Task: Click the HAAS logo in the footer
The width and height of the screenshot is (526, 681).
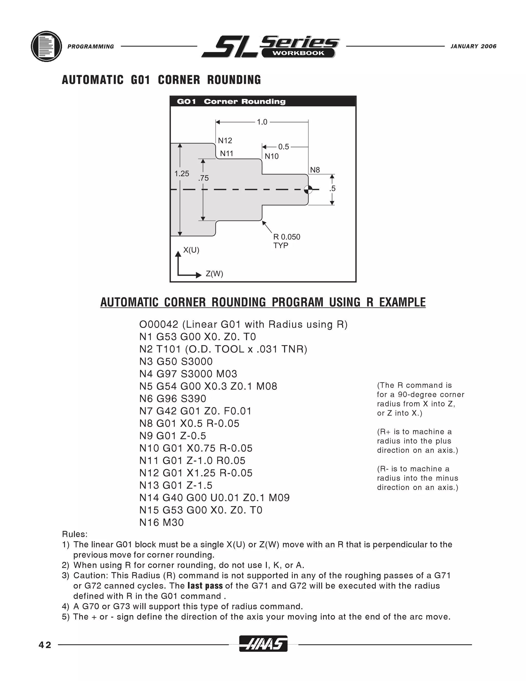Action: pos(263,643)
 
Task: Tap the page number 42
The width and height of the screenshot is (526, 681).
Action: pos(45,645)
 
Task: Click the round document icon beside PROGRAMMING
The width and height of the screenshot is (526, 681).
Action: pos(46,47)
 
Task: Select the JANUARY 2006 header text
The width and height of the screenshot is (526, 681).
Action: pos(473,47)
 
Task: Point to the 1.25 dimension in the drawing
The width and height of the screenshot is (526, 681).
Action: pos(182,174)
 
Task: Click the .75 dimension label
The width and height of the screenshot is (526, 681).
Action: pos(203,178)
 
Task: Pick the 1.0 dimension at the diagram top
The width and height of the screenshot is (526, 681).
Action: pos(262,122)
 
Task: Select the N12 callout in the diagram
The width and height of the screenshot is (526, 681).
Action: pos(225,141)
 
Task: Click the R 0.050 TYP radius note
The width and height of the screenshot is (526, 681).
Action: pos(286,241)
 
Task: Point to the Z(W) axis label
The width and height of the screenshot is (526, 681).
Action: pos(214,274)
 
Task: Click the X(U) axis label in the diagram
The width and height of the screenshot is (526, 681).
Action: pos(191,250)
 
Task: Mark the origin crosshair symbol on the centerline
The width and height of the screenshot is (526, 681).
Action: pos(308,189)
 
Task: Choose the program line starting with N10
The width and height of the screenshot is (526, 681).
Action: pos(196,448)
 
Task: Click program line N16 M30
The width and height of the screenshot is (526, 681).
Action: pos(161,522)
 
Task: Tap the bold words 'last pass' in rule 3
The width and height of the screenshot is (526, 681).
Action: pos(205,586)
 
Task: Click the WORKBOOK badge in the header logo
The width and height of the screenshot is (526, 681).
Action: pos(298,53)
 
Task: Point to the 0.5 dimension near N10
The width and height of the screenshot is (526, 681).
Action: pos(283,146)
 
